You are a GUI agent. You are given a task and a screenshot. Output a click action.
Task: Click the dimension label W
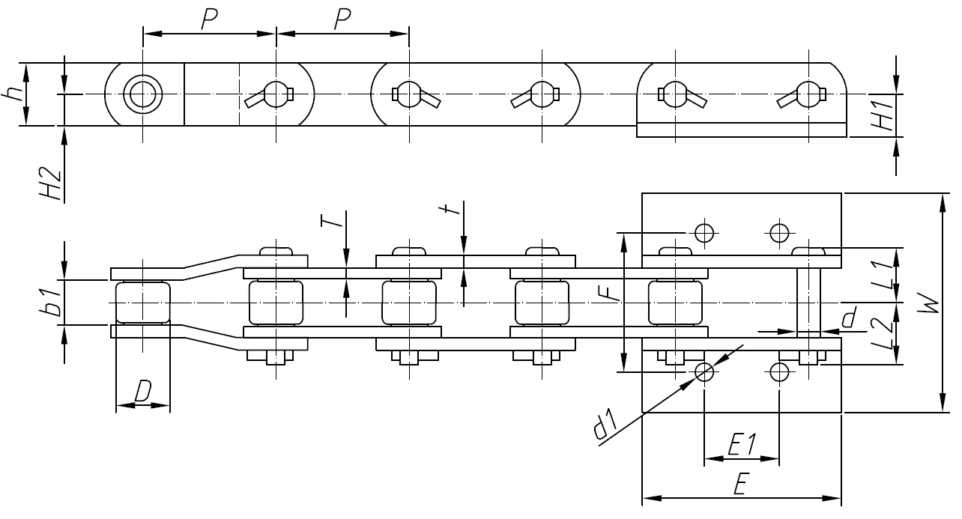tap(929, 303)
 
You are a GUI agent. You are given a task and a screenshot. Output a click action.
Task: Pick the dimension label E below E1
tap(741, 485)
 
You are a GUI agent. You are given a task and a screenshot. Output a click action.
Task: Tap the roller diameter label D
tap(143, 391)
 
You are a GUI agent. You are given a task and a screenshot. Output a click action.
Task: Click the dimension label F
tap(613, 291)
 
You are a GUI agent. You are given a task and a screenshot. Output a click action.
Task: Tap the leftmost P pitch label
tap(210, 20)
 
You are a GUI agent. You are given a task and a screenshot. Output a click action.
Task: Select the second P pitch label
tap(342, 20)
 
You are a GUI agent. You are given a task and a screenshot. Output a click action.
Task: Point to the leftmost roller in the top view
tap(142, 302)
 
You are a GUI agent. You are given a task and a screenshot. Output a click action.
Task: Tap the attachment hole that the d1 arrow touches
tap(704, 371)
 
